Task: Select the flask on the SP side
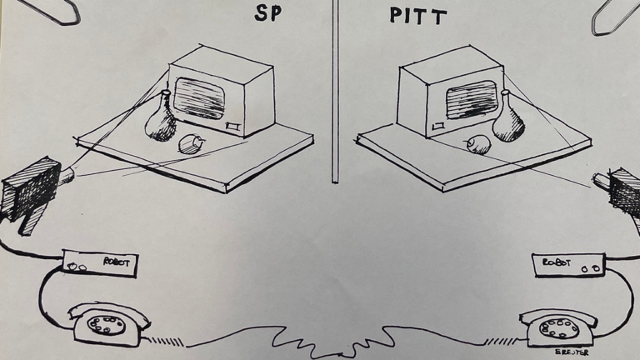[x=160, y=119]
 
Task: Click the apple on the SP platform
[x=191, y=144]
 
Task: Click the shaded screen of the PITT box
[x=472, y=100]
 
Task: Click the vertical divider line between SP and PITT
[x=334, y=92]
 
